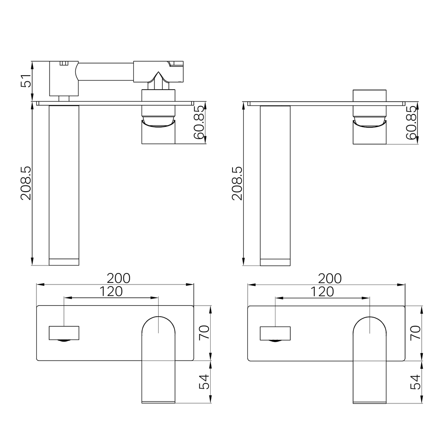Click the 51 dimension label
click(x=26, y=81)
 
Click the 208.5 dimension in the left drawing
click(x=26, y=183)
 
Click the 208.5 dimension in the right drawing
click(x=237, y=183)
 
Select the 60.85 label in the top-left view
click(x=199, y=123)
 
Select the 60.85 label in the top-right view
click(x=410, y=123)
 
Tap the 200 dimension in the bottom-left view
click(x=119, y=278)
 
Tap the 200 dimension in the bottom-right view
click(x=330, y=278)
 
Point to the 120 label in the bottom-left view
click(x=111, y=292)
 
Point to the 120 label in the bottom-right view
click(x=322, y=292)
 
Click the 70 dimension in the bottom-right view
click(x=415, y=332)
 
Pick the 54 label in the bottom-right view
click(x=415, y=382)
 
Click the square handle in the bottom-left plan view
click(x=64, y=333)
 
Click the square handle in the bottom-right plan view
click(x=275, y=333)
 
